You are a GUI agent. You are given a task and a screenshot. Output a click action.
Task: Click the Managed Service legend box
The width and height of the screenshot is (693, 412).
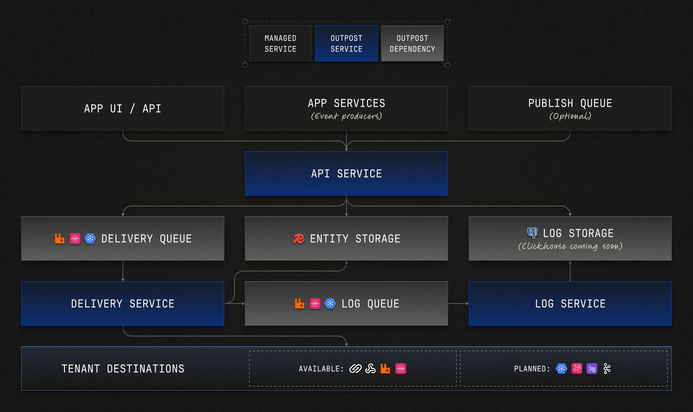(x=280, y=43)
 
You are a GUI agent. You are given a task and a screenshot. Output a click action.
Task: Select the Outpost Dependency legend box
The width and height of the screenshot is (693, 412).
(x=412, y=43)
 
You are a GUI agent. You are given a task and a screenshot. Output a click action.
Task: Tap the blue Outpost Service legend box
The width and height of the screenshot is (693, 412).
(x=346, y=43)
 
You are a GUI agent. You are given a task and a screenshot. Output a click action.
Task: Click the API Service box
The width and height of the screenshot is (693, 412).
(x=346, y=173)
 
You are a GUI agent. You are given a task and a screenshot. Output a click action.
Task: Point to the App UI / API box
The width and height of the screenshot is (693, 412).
(x=123, y=109)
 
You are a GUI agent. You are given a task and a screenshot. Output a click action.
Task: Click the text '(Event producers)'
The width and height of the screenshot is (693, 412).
(x=346, y=116)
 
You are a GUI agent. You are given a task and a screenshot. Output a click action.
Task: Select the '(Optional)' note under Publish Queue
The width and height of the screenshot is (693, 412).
(x=570, y=116)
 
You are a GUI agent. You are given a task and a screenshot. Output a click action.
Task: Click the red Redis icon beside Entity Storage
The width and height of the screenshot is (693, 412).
(x=299, y=239)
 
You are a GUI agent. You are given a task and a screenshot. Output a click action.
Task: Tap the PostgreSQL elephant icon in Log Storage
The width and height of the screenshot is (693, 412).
(x=532, y=233)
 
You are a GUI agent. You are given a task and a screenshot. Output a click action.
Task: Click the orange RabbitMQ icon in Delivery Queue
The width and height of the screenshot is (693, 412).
(x=60, y=239)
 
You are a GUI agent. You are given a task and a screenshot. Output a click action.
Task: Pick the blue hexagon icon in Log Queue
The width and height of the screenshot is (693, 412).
(x=330, y=303)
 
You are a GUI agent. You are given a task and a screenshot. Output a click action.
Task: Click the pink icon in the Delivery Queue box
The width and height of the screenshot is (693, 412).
(x=75, y=239)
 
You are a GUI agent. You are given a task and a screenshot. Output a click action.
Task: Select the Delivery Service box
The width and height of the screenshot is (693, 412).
(x=123, y=303)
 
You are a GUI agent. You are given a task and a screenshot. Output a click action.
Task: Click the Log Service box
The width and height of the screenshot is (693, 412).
(x=570, y=303)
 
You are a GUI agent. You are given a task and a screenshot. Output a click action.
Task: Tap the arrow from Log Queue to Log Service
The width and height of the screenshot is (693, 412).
(x=458, y=303)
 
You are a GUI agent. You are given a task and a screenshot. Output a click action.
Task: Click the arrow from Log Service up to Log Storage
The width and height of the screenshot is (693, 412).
(x=570, y=271)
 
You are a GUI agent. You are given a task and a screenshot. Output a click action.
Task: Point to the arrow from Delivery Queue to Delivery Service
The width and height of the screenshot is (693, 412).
(x=123, y=271)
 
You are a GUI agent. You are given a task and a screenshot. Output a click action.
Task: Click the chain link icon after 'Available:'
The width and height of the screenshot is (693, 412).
(x=355, y=369)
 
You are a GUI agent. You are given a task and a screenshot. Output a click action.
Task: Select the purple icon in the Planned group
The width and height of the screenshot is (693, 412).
(x=592, y=369)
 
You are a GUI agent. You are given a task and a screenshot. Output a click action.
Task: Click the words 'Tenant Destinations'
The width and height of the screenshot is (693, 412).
(x=123, y=369)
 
